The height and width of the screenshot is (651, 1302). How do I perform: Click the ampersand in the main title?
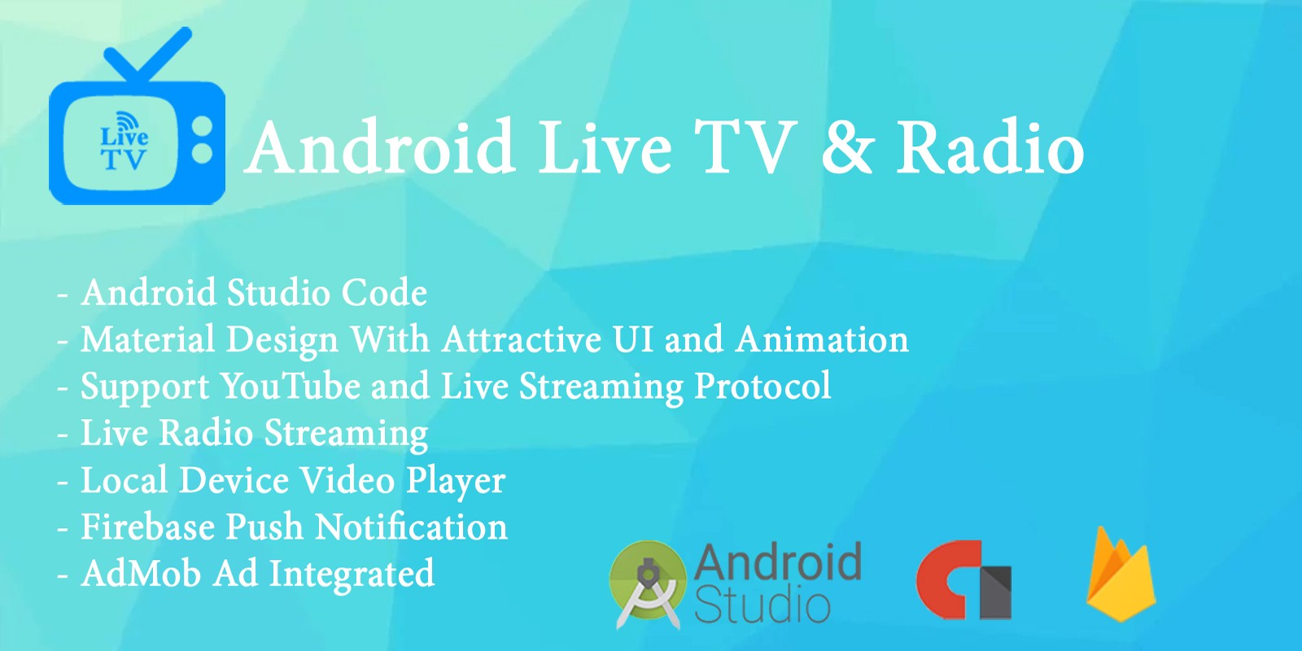click(847, 147)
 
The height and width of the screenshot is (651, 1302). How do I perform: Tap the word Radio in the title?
click(990, 146)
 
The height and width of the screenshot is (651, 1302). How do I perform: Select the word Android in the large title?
click(379, 146)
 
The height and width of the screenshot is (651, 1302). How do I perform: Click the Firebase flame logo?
click(1121, 575)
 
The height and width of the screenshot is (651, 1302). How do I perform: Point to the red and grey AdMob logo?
click(963, 580)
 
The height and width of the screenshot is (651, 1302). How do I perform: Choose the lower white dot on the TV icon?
click(202, 153)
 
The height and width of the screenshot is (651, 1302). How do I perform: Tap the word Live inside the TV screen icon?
click(124, 136)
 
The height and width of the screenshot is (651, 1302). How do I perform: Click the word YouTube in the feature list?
click(290, 386)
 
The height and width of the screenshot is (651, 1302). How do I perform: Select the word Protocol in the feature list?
click(762, 387)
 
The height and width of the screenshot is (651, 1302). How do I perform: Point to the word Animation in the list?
click(822, 339)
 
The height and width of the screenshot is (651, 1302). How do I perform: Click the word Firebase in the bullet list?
click(147, 526)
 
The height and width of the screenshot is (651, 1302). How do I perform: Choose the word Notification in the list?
click(411, 526)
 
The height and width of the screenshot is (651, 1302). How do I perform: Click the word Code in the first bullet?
click(384, 292)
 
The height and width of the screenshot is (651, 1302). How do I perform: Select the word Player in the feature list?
click(456, 481)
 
